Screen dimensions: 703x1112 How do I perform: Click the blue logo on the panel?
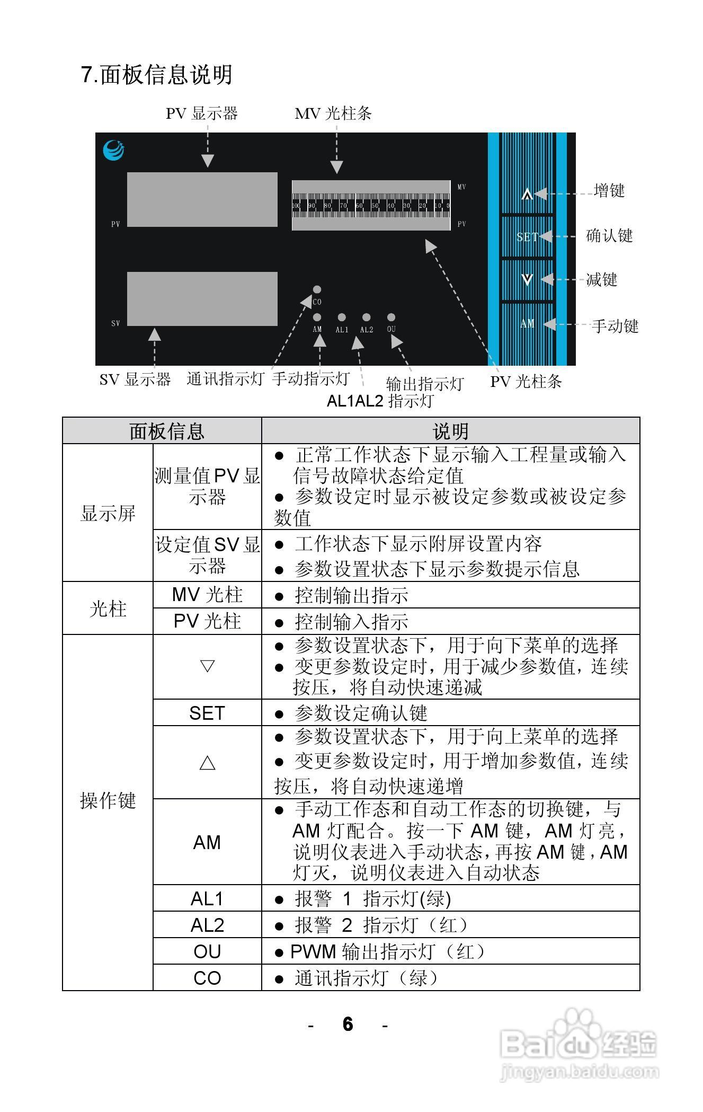[x=114, y=149]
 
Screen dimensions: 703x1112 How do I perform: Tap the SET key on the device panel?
[x=527, y=237]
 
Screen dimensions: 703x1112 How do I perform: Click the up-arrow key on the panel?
[x=527, y=195]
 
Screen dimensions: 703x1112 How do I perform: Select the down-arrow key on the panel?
[x=527, y=279]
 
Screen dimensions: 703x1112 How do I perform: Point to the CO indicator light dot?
[x=317, y=290]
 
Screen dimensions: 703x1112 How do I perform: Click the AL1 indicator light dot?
[x=342, y=317]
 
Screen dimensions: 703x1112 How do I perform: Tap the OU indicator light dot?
[x=391, y=317]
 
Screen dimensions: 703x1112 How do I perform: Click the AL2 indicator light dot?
[x=366, y=317]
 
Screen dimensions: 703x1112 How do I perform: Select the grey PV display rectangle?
[x=202, y=199]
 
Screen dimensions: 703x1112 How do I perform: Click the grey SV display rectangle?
[x=202, y=298]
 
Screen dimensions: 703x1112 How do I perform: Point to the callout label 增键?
[x=609, y=191]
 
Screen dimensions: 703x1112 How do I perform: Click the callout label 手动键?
[x=615, y=326]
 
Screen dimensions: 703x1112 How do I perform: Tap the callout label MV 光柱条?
[x=333, y=113]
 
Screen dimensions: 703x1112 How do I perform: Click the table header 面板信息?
[x=167, y=431]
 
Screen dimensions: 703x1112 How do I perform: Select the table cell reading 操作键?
[x=108, y=800]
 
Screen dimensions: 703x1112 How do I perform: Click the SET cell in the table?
[x=207, y=713]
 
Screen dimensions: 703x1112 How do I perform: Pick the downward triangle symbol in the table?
[x=207, y=666]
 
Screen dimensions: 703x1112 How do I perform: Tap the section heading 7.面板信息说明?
[x=157, y=75]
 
